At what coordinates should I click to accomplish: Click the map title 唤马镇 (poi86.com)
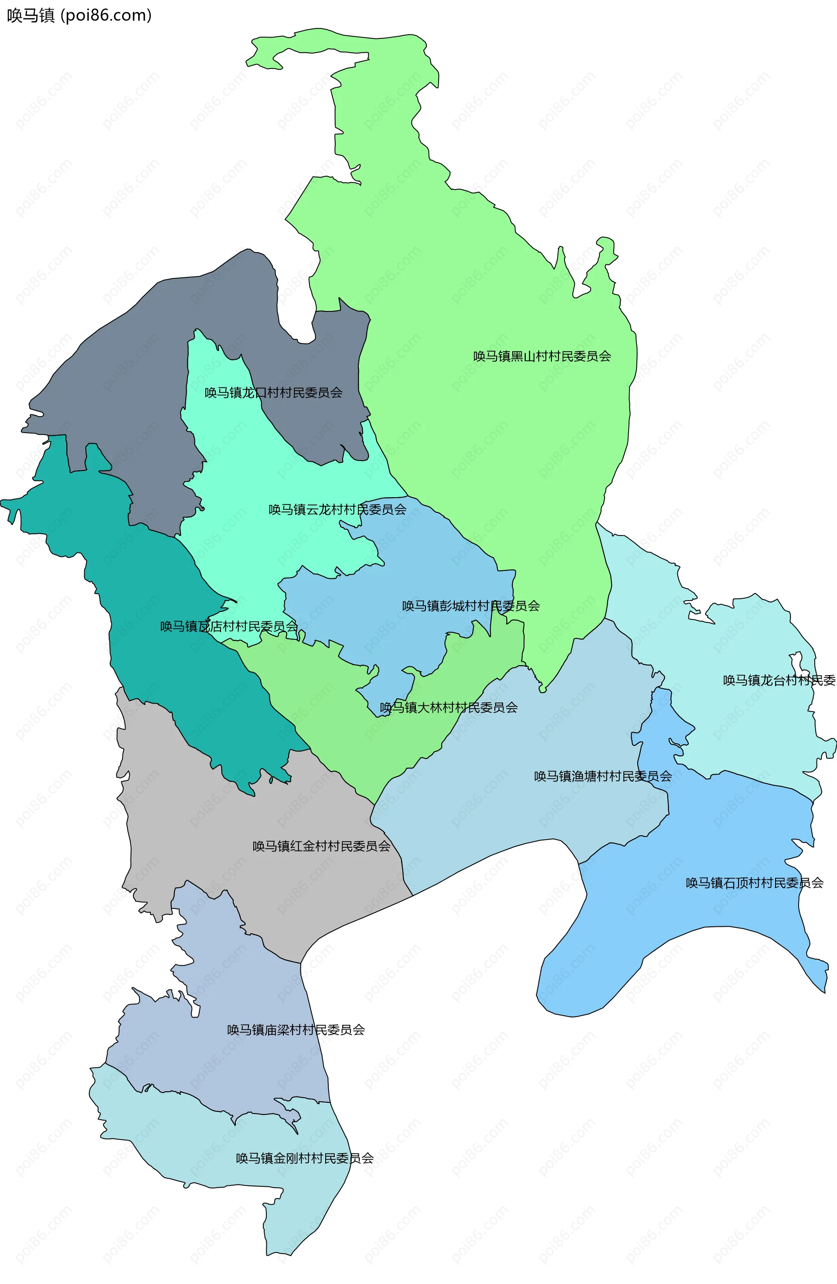[x=79, y=15]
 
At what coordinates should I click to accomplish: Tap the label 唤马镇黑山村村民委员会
[x=541, y=356]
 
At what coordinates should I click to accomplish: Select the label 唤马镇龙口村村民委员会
[x=273, y=393]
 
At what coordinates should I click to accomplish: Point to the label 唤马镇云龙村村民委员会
[x=337, y=509]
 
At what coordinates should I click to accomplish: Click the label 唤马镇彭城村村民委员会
[x=470, y=606]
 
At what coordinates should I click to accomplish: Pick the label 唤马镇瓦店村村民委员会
[x=229, y=626]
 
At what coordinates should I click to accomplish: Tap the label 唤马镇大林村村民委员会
[x=448, y=707]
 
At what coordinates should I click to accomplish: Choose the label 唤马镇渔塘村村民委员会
[x=602, y=776]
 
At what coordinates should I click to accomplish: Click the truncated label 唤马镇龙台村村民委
[x=778, y=680]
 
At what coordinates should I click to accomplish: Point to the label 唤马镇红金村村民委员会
[x=321, y=846]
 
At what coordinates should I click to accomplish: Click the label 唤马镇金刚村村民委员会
[x=304, y=1158]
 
